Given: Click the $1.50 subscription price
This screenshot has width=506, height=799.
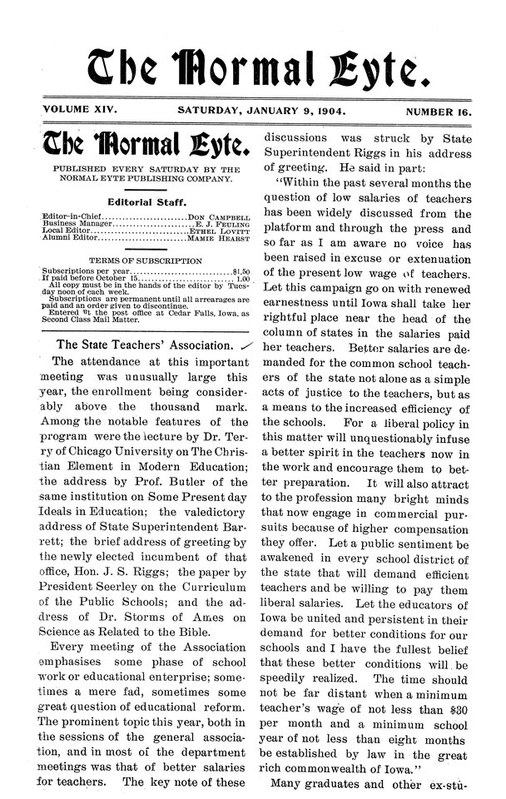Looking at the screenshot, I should tap(242, 271).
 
